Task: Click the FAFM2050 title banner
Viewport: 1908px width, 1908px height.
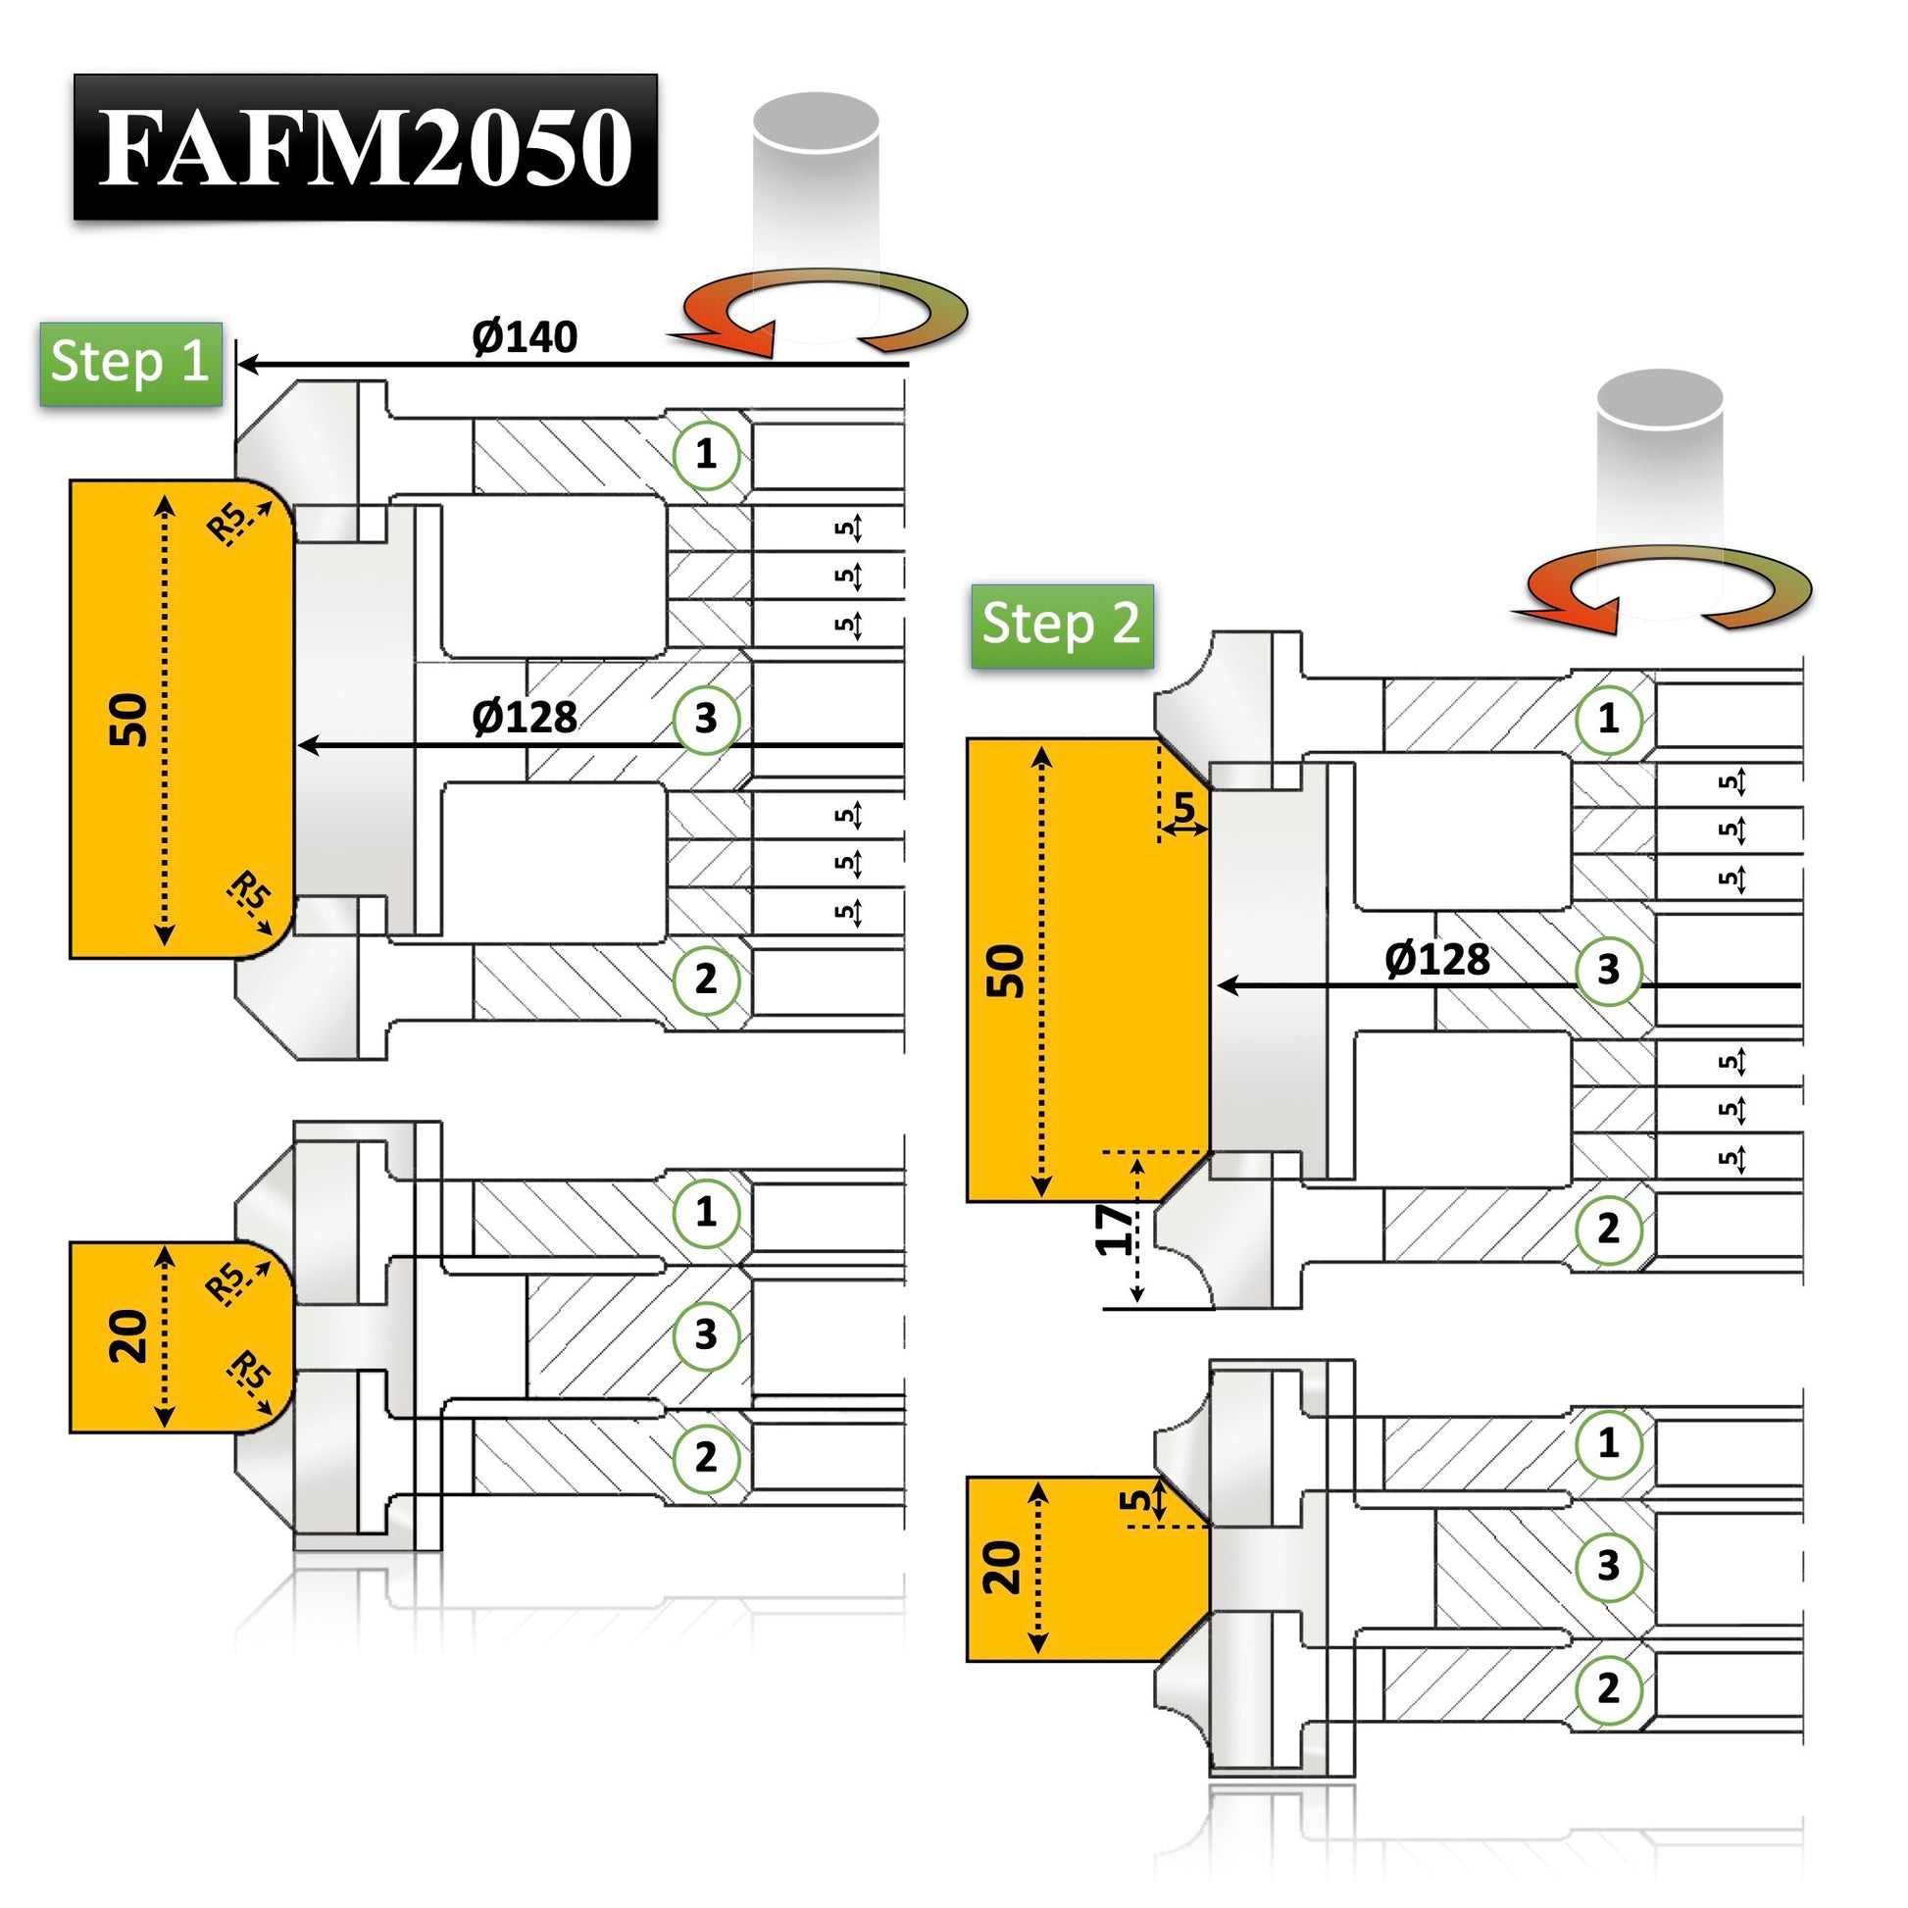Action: point(366,146)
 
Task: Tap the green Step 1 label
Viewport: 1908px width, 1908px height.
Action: point(130,363)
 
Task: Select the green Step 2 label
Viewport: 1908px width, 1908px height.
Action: point(1062,626)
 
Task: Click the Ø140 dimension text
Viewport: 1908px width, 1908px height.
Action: point(525,337)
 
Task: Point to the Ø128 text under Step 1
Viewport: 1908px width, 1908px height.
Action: point(525,717)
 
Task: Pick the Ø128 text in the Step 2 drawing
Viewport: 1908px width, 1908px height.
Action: point(1437,960)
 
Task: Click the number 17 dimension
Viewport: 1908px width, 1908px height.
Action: point(1115,1229)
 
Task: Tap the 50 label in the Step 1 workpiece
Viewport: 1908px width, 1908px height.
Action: point(129,720)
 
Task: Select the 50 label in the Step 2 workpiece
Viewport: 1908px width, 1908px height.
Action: point(1005,971)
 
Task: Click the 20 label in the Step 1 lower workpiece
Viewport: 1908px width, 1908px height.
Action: point(129,1336)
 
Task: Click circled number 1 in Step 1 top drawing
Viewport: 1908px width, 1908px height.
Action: point(705,454)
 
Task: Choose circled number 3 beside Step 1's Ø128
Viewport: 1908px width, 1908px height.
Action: point(705,718)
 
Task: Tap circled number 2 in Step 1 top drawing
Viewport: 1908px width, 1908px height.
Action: point(705,979)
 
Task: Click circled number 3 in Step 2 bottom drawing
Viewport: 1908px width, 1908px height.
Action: point(1609,1564)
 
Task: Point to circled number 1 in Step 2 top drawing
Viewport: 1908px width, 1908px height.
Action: point(1609,718)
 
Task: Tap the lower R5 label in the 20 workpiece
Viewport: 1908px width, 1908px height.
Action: point(249,1371)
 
